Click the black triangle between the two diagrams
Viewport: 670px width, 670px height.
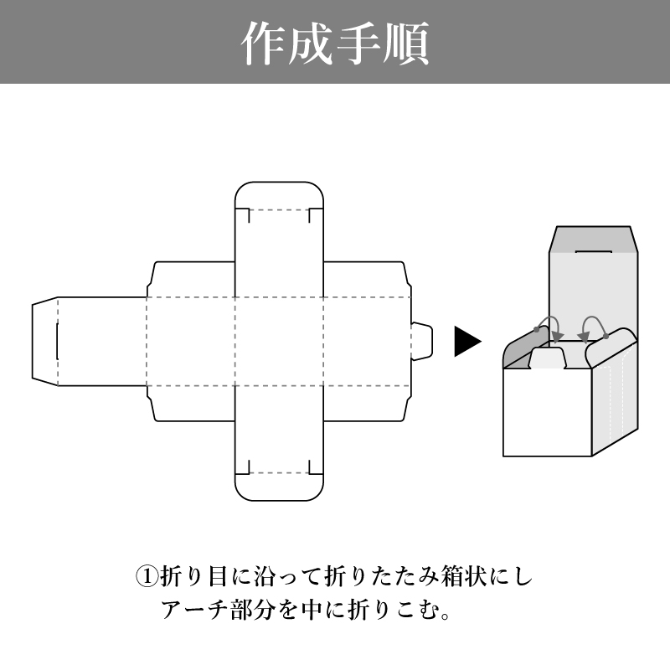pyautogui.click(x=466, y=341)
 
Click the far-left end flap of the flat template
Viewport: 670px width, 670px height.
pyautogui.click(x=44, y=341)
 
